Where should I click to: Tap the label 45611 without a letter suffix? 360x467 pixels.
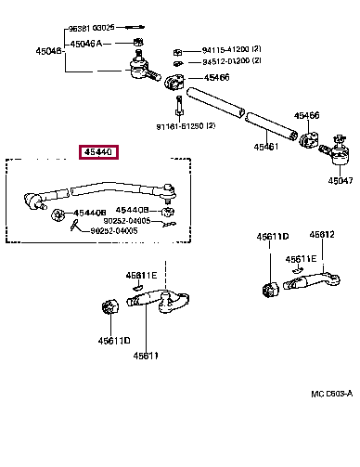point(145,355)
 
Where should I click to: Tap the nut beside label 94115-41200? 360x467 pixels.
point(177,49)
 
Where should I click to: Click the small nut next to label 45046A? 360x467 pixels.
point(137,42)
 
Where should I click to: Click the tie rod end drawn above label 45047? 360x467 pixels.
point(332,149)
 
